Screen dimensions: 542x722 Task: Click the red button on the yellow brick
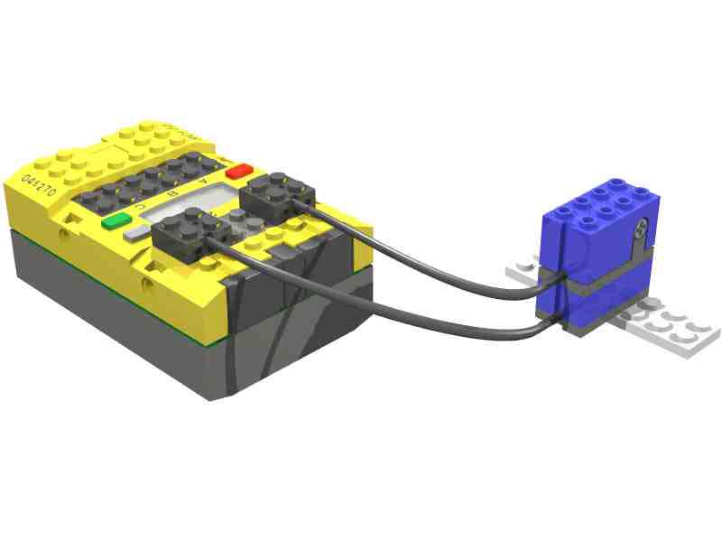click(x=241, y=171)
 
